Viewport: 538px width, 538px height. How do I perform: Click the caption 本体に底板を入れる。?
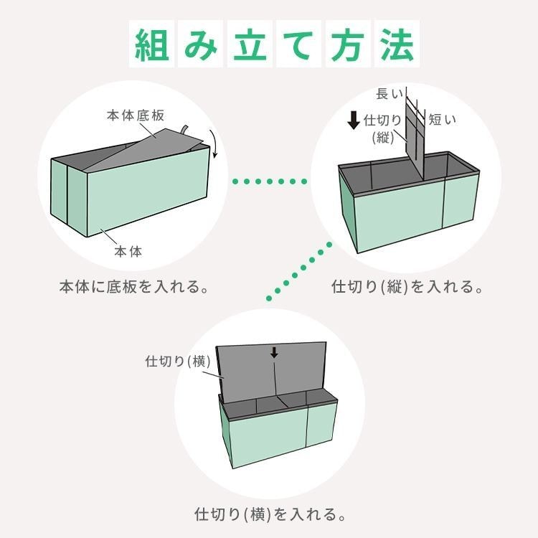click(x=134, y=288)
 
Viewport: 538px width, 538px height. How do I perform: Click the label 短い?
click(x=443, y=119)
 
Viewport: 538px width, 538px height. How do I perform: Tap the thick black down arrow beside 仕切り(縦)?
click(x=354, y=120)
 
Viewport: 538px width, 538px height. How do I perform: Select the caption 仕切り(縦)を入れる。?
click(x=406, y=288)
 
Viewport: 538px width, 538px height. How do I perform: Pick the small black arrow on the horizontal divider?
click(x=273, y=352)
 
